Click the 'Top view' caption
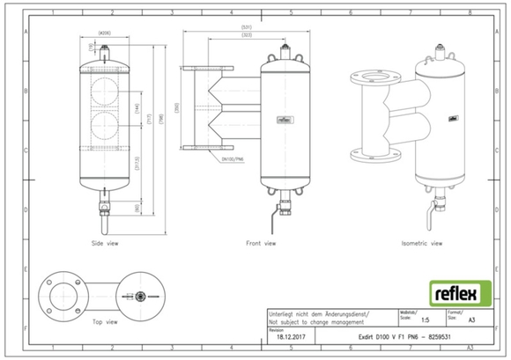point(105,321)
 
